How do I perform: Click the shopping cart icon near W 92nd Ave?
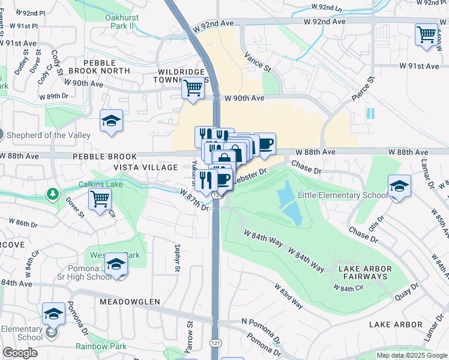(426, 34)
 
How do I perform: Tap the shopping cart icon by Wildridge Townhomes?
(193, 88)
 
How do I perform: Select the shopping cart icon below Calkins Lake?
(100, 199)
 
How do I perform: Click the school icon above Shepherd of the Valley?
(112, 121)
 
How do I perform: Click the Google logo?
(20, 353)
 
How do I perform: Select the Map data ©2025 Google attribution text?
(411, 355)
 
